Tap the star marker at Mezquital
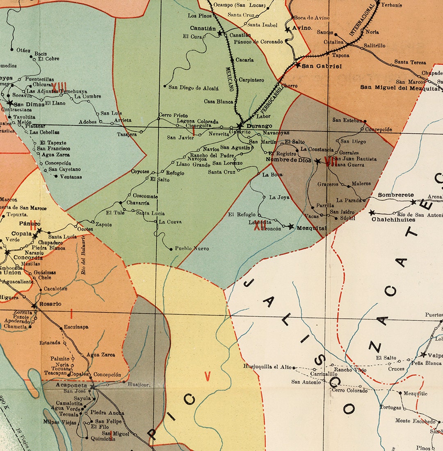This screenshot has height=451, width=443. click(291, 227)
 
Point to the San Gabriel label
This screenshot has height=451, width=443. click(322, 66)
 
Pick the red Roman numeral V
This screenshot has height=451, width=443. click(208, 376)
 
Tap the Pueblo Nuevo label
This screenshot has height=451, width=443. click(192, 249)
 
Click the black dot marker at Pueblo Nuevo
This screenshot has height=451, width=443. click(171, 249)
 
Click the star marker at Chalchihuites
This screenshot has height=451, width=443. click(372, 213)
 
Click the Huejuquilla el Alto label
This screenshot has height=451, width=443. click(267, 366)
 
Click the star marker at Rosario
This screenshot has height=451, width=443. click(34, 306)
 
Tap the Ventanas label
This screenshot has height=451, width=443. click(71, 177)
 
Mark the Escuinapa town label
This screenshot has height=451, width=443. click(76, 327)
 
